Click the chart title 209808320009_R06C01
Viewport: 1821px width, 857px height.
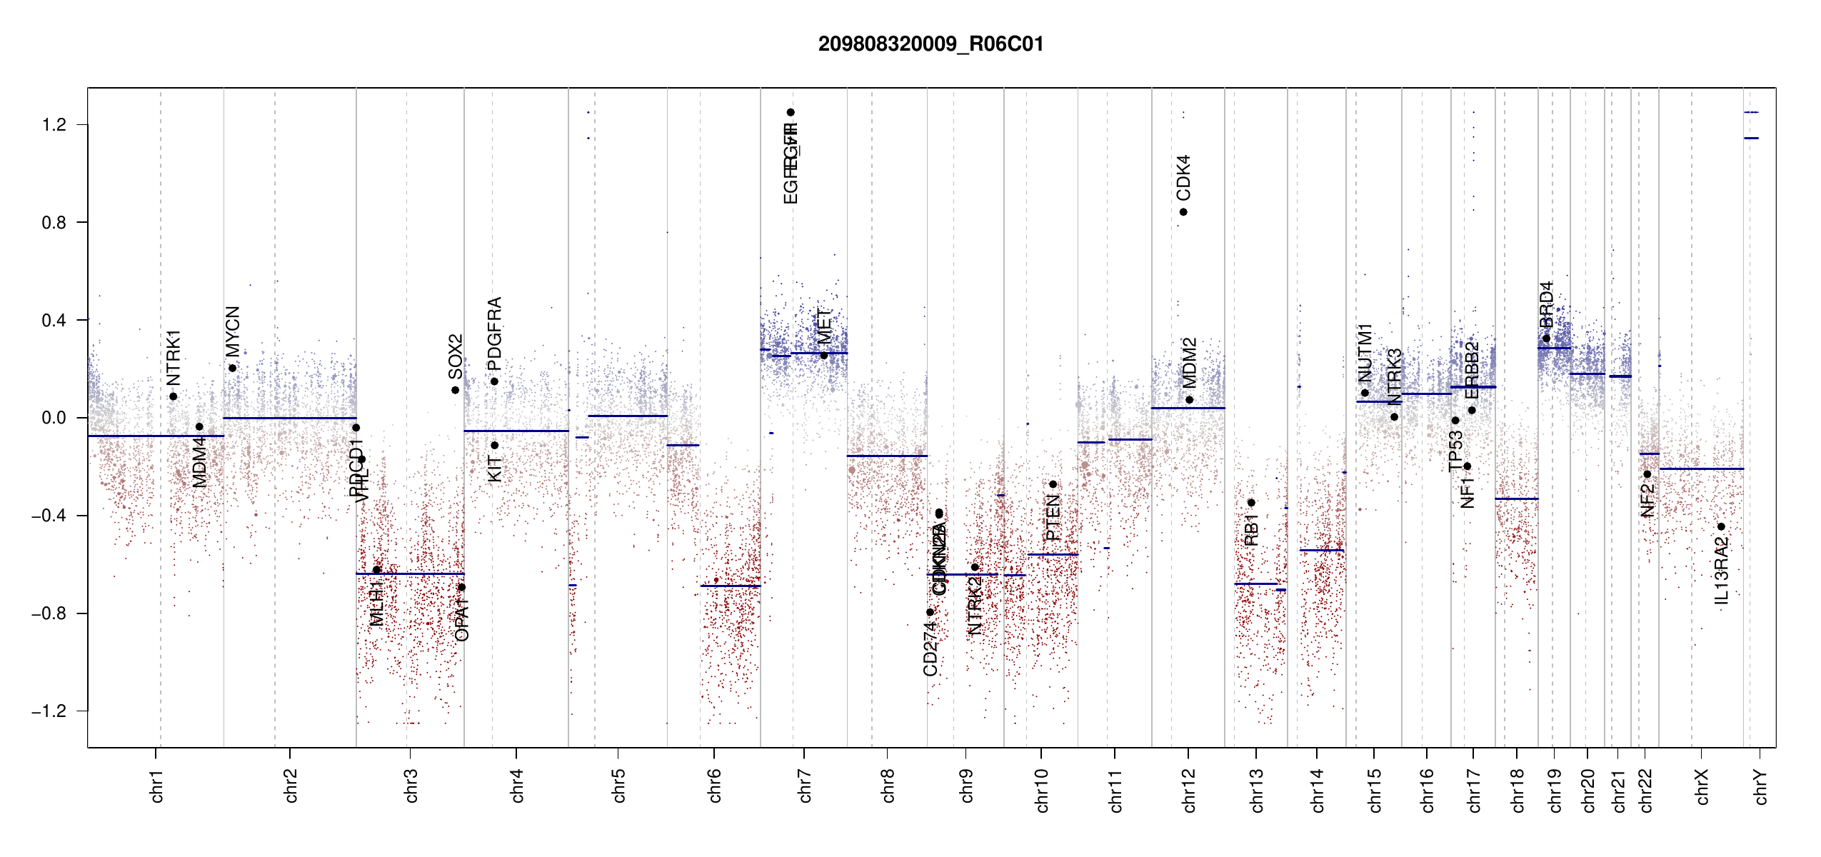pyautogui.click(x=930, y=44)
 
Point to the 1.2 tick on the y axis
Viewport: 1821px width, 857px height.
pyautogui.click(x=54, y=125)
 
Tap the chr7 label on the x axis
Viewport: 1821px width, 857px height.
pyautogui.click(x=805, y=786)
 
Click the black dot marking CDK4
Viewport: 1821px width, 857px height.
pyautogui.click(x=1183, y=212)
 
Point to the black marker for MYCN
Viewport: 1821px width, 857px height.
pyautogui.click(x=233, y=369)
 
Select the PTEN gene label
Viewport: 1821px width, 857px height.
pyautogui.click(x=1053, y=518)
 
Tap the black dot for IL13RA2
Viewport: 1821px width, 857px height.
pyautogui.click(x=1721, y=527)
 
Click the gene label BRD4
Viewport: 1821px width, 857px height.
pyautogui.click(x=1546, y=305)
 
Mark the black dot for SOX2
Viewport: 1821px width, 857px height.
pyautogui.click(x=455, y=390)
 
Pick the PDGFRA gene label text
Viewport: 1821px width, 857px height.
pyautogui.click(x=494, y=334)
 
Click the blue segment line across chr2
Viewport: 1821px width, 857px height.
pyautogui.click(x=289, y=418)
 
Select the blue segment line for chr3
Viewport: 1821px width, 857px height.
pyautogui.click(x=410, y=573)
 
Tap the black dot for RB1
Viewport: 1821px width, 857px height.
pyautogui.click(x=1251, y=503)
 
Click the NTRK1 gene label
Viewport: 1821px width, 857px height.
pyautogui.click(x=174, y=357)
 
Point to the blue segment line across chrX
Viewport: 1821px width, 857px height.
pyautogui.click(x=1701, y=468)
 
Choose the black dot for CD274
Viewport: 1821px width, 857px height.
pyautogui.click(x=930, y=612)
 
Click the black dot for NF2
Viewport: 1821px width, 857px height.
pyautogui.click(x=1647, y=474)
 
